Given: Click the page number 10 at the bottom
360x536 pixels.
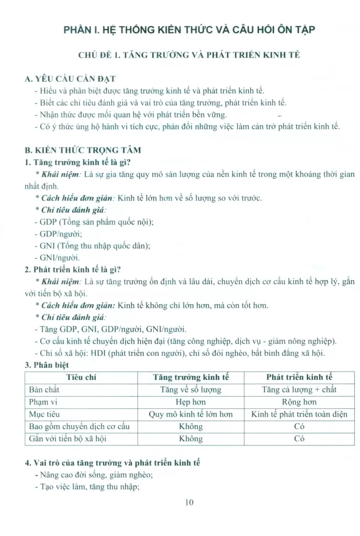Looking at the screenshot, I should tap(189, 503).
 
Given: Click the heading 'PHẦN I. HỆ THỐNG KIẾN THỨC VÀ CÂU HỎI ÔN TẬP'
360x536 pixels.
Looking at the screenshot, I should tap(189, 29).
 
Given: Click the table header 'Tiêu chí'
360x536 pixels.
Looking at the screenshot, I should tap(81, 377).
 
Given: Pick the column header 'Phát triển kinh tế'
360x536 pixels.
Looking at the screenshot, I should tap(299, 377).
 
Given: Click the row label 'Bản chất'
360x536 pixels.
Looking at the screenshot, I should tap(43, 389).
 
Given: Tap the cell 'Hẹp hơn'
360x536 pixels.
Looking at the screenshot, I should tap(190, 402).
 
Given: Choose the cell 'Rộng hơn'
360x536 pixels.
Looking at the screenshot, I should tap(299, 402).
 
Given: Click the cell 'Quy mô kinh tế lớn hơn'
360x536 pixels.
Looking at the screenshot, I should tap(190, 414).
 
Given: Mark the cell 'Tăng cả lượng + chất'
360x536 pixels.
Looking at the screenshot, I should tap(299, 389).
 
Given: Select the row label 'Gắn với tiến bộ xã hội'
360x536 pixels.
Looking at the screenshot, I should tap(66, 439).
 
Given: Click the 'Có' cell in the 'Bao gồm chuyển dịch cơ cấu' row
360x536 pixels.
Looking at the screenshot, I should tap(299, 427).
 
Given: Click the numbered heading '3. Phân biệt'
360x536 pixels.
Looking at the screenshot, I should tap(47, 365).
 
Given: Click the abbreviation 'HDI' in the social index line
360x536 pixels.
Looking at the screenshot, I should tap(98, 353).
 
